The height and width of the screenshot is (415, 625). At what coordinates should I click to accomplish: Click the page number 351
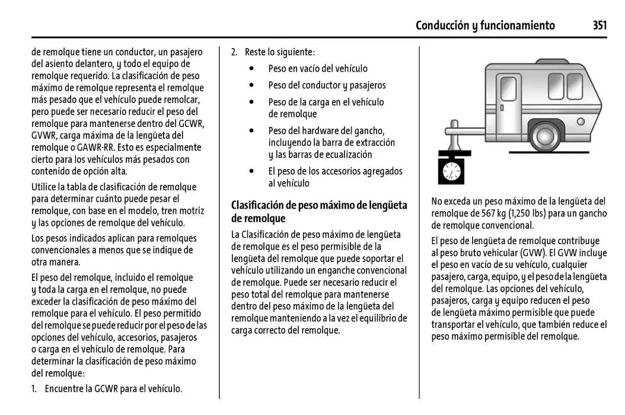coord(599,25)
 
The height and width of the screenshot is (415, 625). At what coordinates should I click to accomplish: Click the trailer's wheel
coord(544,137)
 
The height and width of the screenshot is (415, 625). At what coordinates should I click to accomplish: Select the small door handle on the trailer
coord(502,108)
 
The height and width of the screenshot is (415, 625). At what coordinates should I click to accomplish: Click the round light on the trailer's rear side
coord(581,122)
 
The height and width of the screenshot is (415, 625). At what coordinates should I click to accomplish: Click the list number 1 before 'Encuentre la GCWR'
coord(34,390)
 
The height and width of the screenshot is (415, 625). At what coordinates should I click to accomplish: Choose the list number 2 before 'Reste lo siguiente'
coord(234,52)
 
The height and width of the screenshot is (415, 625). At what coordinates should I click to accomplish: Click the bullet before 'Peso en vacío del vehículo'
coord(253,69)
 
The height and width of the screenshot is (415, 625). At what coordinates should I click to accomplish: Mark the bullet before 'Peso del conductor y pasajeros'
coord(253,85)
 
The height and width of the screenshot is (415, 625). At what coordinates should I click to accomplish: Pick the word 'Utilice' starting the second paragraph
coord(46,187)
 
